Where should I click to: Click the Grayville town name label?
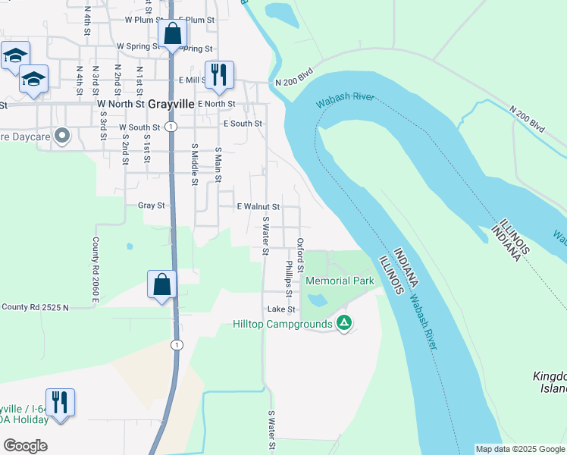(171, 104)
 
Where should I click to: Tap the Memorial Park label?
(340, 281)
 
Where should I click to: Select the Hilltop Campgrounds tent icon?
(343, 324)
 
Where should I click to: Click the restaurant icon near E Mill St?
(219, 74)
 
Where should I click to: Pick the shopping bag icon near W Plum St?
(173, 33)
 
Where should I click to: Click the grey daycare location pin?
(63, 137)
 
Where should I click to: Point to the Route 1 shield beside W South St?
(173, 125)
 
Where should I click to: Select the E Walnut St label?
(258, 206)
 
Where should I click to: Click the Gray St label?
(151, 206)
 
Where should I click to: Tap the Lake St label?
(280, 309)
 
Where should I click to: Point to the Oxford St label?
(300, 256)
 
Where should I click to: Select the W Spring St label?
(137, 46)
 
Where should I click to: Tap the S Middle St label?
(195, 165)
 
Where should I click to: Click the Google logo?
(25, 445)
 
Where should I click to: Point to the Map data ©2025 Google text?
(520, 449)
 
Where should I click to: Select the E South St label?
(243, 123)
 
